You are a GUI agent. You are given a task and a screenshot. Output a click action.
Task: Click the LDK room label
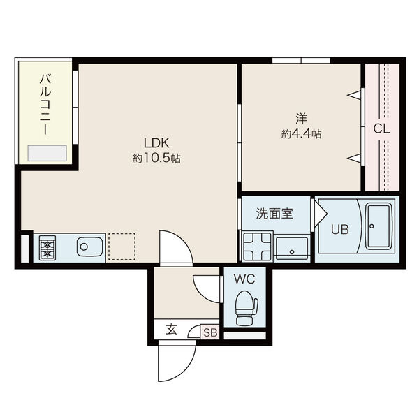click(x=156, y=143)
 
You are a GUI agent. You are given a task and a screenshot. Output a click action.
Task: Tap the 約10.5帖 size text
click(x=156, y=159)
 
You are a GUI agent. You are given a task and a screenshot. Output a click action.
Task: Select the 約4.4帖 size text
click(x=301, y=133)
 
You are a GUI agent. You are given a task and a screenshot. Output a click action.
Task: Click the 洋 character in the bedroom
click(x=301, y=119)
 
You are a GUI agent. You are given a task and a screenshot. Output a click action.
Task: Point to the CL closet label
click(x=381, y=128)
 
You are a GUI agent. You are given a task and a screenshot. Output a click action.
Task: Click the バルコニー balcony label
click(x=45, y=105)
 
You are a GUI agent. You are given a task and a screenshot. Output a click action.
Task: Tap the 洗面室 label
click(x=274, y=214)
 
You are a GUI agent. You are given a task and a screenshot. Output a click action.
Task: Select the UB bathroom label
click(x=340, y=229)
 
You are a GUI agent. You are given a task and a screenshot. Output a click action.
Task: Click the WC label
click(x=244, y=279)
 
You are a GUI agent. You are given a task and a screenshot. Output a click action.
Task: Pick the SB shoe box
click(x=210, y=332)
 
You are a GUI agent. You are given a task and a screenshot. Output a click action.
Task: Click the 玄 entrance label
click(x=171, y=330)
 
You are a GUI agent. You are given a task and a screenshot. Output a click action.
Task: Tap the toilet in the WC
click(x=245, y=308)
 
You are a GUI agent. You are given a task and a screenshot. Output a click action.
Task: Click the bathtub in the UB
click(x=378, y=226)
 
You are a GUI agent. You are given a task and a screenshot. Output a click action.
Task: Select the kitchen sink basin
click(x=89, y=247)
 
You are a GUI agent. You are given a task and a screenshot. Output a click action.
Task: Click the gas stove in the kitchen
click(x=47, y=248)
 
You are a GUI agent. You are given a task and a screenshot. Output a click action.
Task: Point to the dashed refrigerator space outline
click(x=122, y=247)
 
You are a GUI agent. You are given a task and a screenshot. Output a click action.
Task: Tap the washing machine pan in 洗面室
click(x=257, y=246)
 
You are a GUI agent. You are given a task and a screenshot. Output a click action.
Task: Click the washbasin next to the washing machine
click(x=292, y=248)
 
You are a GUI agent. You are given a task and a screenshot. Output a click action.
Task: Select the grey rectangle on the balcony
click(x=47, y=153)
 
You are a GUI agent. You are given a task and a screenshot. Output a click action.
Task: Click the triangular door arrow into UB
click(x=321, y=213)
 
